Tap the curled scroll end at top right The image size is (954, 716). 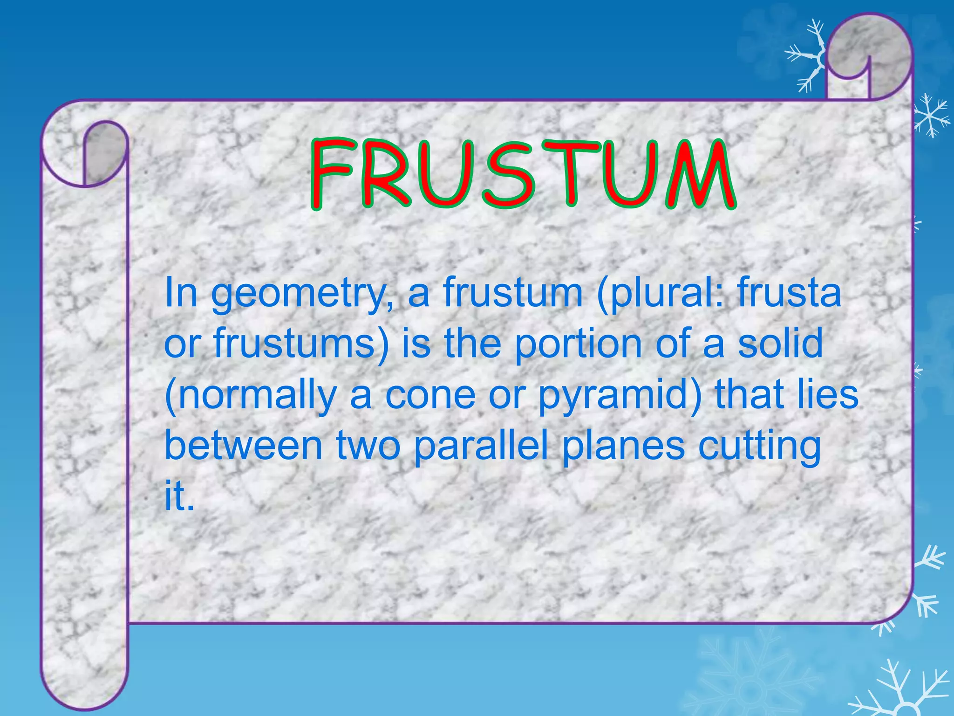point(869,56)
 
